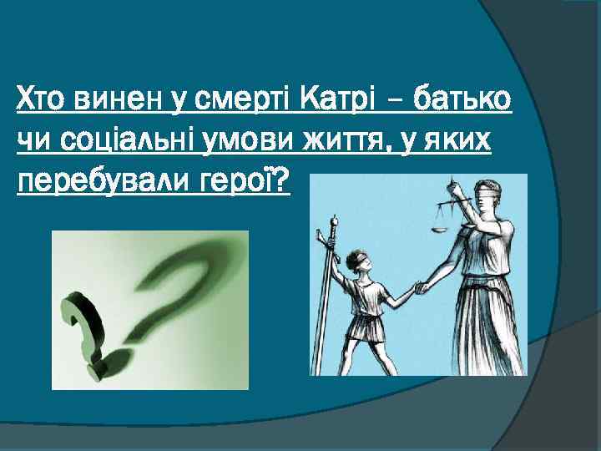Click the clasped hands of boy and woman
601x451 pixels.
tap(421, 286)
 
